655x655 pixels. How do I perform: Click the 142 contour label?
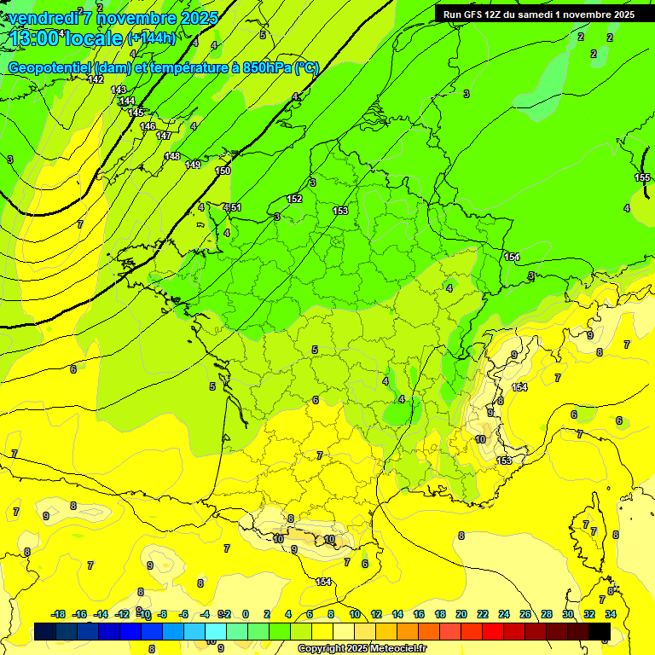pyautogui.click(x=96, y=79)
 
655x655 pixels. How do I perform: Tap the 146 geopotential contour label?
pyautogui.click(x=148, y=126)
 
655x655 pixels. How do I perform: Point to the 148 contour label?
pyautogui.click(x=172, y=156)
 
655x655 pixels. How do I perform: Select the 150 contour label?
pyautogui.click(x=223, y=171)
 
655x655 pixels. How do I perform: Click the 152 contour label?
pyautogui.click(x=294, y=199)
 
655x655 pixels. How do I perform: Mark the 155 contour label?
pyautogui.click(x=642, y=177)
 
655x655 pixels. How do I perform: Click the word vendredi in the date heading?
pyautogui.click(x=43, y=17)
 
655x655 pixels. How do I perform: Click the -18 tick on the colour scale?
pyautogui.click(x=58, y=614)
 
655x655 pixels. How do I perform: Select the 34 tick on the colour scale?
pyautogui.click(x=611, y=614)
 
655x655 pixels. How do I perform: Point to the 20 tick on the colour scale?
pyautogui.click(x=461, y=614)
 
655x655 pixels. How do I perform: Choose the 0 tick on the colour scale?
pyautogui.click(x=246, y=614)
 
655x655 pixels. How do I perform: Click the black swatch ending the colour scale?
pyautogui.click(x=600, y=632)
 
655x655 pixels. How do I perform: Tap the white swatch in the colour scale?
pyautogui.click(x=344, y=632)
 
